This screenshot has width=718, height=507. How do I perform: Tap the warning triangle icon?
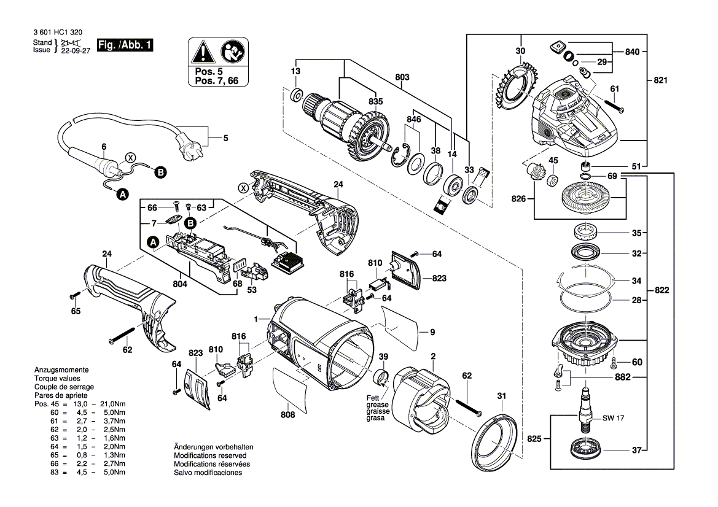[x=200, y=52]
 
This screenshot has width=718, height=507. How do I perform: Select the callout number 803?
[x=402, y=77]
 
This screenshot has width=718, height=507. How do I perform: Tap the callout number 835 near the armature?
[x=375, y=101]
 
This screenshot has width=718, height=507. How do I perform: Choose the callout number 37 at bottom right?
[x=637, y=450]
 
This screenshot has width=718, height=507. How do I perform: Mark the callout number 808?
[x=287, y=415]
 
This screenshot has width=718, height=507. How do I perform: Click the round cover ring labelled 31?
[x=498, y=443]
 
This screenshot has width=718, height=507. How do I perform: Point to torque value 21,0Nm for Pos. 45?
[x=114, y=403]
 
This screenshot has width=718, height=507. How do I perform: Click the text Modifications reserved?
[x=210, y=456]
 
